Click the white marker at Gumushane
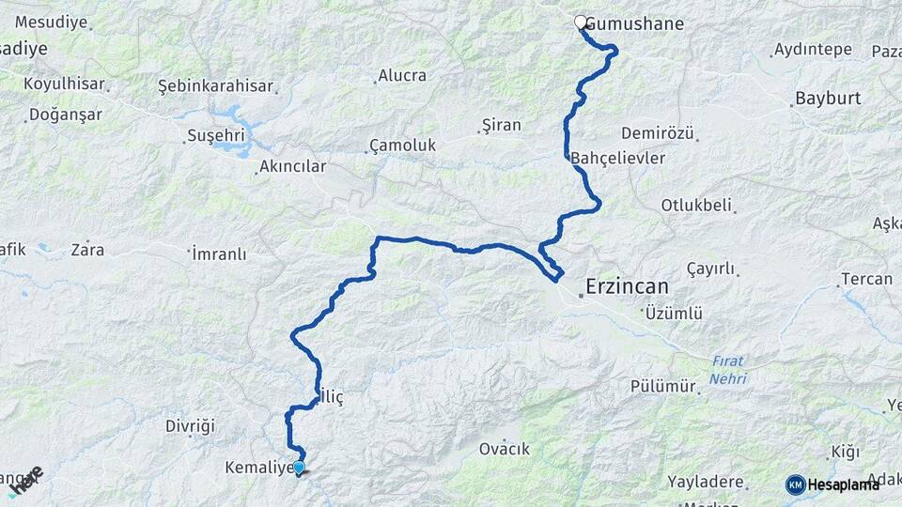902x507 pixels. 581,23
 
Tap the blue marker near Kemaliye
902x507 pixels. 299,468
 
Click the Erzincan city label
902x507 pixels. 627,285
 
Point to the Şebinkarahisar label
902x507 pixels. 215,86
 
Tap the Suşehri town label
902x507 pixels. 216,136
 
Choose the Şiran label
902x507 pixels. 501,125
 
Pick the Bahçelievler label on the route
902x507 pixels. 618,158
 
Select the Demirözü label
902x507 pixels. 658,133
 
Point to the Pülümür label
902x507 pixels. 663,386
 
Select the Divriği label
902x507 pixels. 191,426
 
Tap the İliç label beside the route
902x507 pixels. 333,397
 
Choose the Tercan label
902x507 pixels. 866,279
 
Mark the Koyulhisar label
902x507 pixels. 63,84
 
